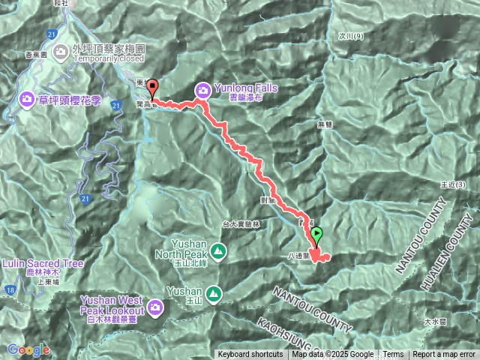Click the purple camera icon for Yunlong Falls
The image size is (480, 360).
(x=202, y=91)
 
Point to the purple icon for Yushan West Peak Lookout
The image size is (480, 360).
(x=155, y=306)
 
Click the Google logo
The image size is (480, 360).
(x=28, y=350)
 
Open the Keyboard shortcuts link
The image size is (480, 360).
(x=250, y=355)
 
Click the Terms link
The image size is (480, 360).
(x=393, y=355)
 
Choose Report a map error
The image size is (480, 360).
(x=444, y=355)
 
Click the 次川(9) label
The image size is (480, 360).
(x=350, y=35)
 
